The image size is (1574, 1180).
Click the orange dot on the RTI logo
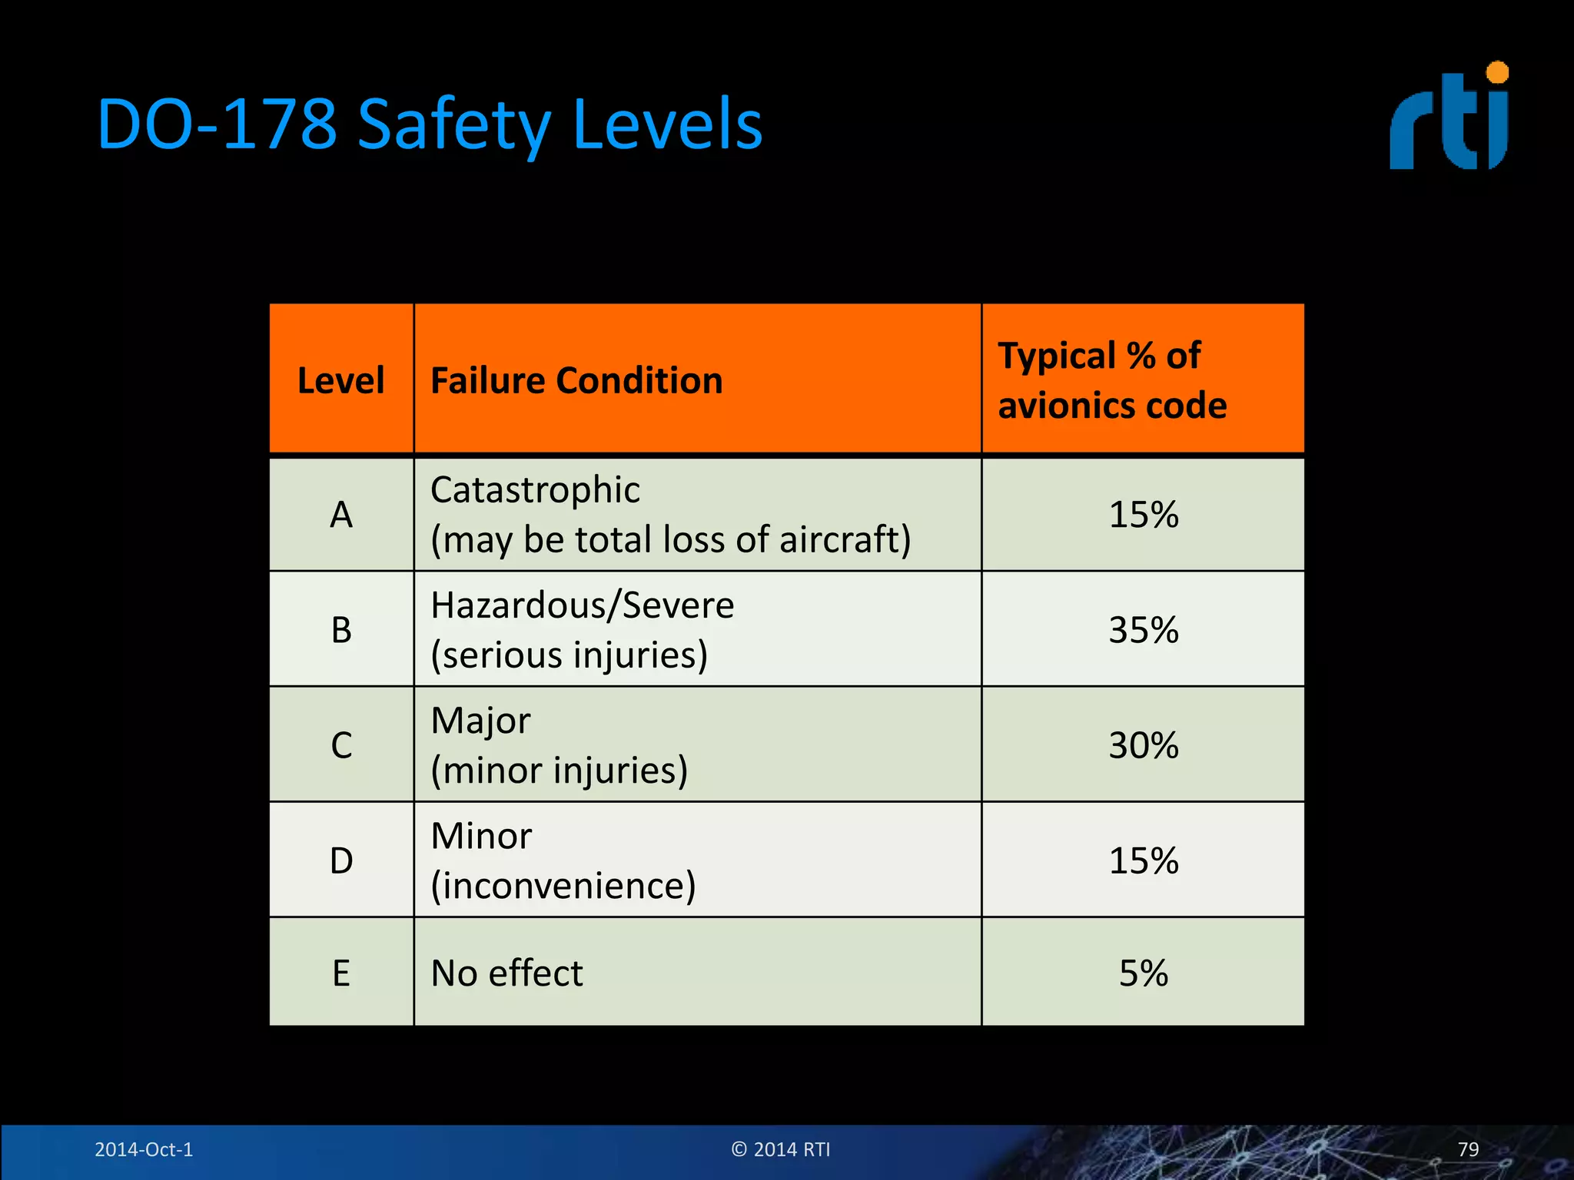pyautogui.click(x=1497, y=72)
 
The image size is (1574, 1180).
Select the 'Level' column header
pyautogui.click(x=340, y=380)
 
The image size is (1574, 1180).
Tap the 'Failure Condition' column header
pyautogui.click(x=576, y=380)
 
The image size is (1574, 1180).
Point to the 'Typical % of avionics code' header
pyautogui.click(x=1112, y=380)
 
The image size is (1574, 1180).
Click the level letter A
pyautogui.click(x=341, y=515)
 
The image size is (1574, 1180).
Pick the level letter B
pyautogui.click(x=341, y=630)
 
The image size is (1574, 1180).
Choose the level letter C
pyautogui.click(x=341, y=745)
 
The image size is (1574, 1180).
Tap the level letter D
pyautogui.click(x=341, y=860)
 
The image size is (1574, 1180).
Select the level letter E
pyautogui.click(x=341, y=973)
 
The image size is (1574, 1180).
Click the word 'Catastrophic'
pyautogui.click(x=535, y=490)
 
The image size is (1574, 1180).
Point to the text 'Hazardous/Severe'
pyautogui.click(x=582, y=605)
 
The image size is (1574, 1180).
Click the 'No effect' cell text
pyautogui.click(x=506, y=973)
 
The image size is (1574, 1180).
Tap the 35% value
pyautogui.click(x=1143, y=630)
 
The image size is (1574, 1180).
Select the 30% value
pyautogui.click(x=1143, y=745)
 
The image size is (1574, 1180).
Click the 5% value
pyautogui.click(x=1143, y=973)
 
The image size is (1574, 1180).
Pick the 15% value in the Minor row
pyautogui.click(x=1143, y=860)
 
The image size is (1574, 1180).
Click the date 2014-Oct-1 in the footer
pyautogui.click(x=144, y=1149)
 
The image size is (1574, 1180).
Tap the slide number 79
pyautogui.click(x=1468, y=1149)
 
